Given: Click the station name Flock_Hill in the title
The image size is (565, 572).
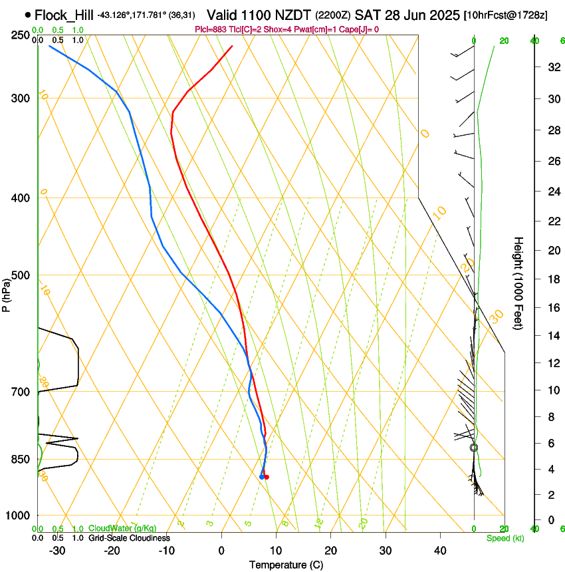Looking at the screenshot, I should [x=64, y=15].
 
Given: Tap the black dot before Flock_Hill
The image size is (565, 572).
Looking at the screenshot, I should [x=27, y=14].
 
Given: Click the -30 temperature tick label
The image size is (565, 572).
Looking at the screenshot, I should [x=57, y=550].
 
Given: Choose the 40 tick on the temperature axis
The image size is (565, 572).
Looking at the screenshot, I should [x=439, y=550].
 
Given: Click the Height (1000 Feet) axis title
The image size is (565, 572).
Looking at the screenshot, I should [x=519, y=283].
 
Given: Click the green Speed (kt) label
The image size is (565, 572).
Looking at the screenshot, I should [x=505, y=538].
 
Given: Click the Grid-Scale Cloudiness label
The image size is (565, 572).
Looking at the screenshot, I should [x=128, y=538].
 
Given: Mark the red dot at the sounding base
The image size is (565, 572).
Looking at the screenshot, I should [x=267, y=477].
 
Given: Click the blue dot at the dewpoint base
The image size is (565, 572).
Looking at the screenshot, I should [x=261, y=477].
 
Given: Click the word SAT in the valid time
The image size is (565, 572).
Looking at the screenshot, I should [x=366, y=15].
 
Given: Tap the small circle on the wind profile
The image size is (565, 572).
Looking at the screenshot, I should [x=474, y=448].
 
